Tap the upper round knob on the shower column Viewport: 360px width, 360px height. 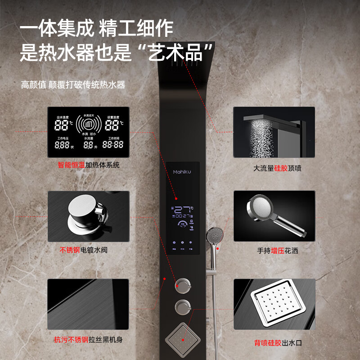(183, 284)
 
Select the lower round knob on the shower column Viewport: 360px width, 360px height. (183, 307)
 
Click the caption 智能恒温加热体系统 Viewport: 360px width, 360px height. (89, 165)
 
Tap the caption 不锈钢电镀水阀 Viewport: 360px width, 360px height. (84, 250)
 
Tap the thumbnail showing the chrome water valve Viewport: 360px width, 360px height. (89, 216)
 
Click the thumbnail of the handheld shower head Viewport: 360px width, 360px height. (274, 216)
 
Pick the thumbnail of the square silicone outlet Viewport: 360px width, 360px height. (274, 304)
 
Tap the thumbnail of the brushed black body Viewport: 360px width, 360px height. (89, 304)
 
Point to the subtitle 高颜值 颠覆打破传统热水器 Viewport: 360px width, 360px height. (73, 85)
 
